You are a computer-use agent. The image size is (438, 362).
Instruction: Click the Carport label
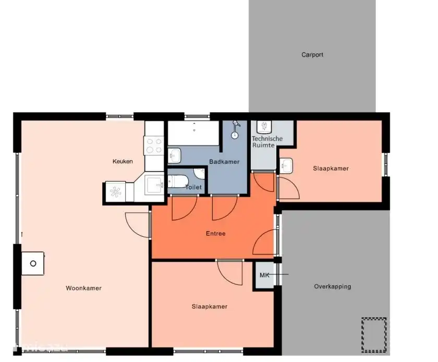pos(312,55)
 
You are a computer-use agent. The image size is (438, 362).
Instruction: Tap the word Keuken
pos(123,161)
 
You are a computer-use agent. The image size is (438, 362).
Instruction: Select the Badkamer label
pos(224,162)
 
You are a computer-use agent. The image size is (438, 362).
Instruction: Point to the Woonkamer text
pos(83,288)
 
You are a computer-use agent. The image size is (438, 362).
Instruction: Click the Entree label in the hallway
pos(215,233)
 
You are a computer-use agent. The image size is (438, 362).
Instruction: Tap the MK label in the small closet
pos(264,275)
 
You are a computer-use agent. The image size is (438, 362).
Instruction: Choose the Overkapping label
pos(332,286)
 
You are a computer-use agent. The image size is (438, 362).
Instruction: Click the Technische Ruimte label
pos(267,142)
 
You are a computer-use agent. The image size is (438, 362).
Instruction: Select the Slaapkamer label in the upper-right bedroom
pos(331,168)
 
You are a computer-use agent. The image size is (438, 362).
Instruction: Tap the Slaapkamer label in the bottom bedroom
pos(209,307)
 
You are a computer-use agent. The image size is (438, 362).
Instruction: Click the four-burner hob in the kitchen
pos(154,145)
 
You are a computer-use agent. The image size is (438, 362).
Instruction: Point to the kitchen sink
pos(154,184)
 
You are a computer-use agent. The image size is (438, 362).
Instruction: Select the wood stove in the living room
pos(33,263)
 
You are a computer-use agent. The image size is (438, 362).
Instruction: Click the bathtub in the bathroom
pos(193,134)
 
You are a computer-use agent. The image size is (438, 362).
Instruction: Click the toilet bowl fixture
pos(177,182)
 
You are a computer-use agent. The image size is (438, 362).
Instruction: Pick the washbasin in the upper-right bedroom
pos(286,165)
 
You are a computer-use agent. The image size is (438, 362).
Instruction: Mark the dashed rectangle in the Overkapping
pos(374,334)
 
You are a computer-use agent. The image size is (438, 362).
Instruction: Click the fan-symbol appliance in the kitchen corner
pos(116,191)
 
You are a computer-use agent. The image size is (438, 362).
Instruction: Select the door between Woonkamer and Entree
pos(137,224)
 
